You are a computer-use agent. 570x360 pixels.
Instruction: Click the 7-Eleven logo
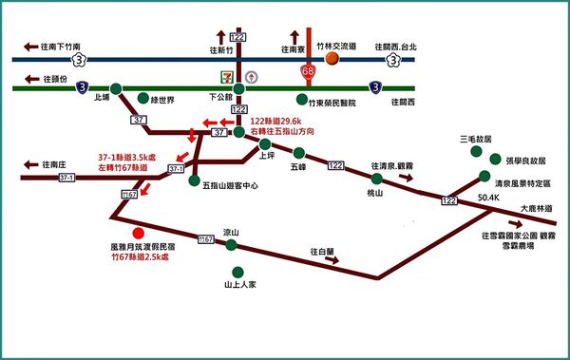[225, 75]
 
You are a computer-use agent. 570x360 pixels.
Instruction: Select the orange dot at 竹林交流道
[332, 58]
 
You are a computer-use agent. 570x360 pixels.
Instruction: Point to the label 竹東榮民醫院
[332, 101]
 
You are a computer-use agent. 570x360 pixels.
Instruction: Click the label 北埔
[103, 98]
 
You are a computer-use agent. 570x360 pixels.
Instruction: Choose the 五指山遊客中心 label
[229, 183]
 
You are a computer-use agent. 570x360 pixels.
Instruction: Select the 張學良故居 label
[524, 161]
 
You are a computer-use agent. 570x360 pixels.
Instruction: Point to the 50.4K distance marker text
[489, 198]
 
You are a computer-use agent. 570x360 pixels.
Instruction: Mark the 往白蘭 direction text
[323, 252]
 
